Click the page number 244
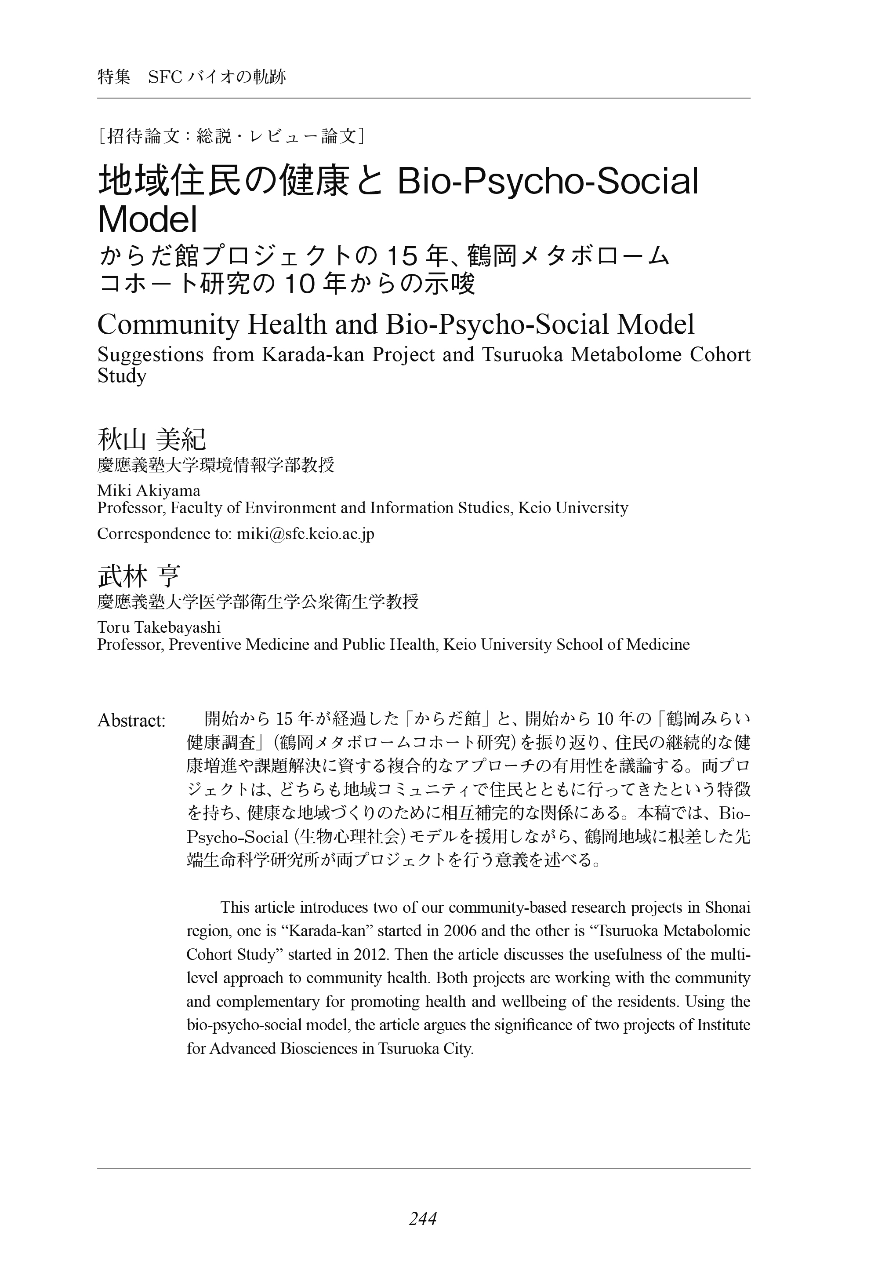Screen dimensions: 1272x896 (423, 1219)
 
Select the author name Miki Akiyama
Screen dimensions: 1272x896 (149, 491)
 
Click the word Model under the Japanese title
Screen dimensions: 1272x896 (147, 219)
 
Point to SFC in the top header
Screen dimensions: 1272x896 (165, 77)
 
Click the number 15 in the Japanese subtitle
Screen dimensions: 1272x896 (401, 256)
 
